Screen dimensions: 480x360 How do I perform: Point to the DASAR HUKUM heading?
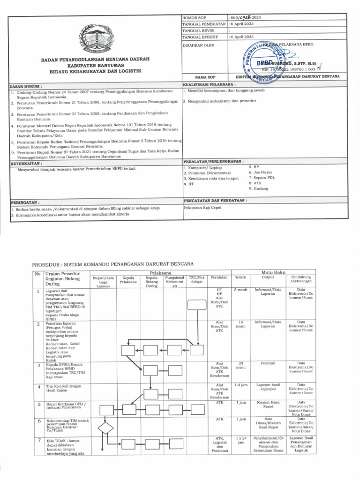click(x=26, y=86)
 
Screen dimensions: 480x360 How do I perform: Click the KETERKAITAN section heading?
click(x=26, y=164)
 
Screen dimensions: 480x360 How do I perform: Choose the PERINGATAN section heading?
click(x=25, y=202)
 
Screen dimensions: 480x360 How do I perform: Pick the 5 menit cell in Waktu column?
click(x=241, y=291)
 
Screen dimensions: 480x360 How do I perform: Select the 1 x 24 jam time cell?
click(x=241, y=441)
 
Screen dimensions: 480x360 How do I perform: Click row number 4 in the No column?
click(x=37, y=387)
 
